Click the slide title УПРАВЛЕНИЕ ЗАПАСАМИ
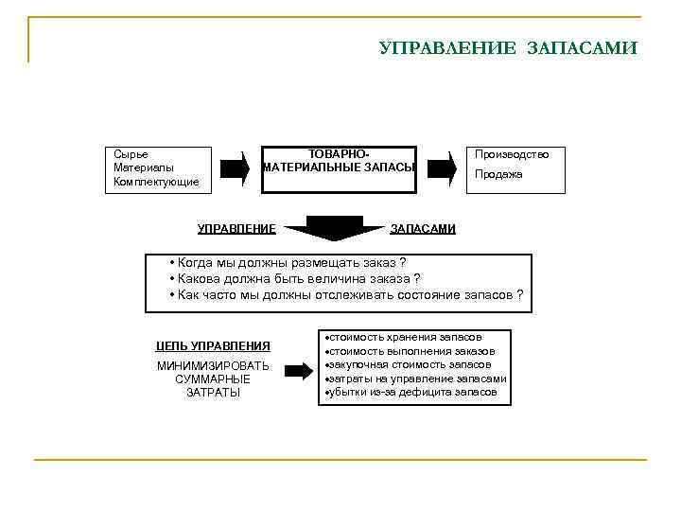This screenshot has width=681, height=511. click(x=508, y=47)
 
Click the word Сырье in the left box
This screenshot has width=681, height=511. click(x=131, y=153)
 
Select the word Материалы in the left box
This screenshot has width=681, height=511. click(x=143, y=167)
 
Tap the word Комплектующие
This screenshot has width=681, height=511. click(x=156, y=181)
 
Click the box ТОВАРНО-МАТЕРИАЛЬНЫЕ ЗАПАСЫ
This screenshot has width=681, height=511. click(x=339, y=168)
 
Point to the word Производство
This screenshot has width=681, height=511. click(x=512, y=153)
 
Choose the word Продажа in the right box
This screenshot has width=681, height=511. click(x=498, y=174)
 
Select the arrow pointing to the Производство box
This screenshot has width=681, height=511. click(x=441, y=168)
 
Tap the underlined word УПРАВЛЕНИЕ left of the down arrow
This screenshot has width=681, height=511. click(x=236, y=228)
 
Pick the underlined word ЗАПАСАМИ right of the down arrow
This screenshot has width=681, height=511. click(x=423, y=228)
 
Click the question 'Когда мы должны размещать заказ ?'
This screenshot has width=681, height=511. click(x=287, y=261)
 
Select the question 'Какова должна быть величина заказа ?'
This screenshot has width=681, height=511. click(x=294, y=278)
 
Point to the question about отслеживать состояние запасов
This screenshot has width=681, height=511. click(x=345, y=294)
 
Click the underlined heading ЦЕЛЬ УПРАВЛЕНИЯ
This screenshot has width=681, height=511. click(x=213, y=345)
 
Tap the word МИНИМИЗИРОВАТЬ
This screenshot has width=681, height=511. click(x=213, y=365)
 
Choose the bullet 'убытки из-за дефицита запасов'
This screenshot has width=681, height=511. click(x=412, y=392)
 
